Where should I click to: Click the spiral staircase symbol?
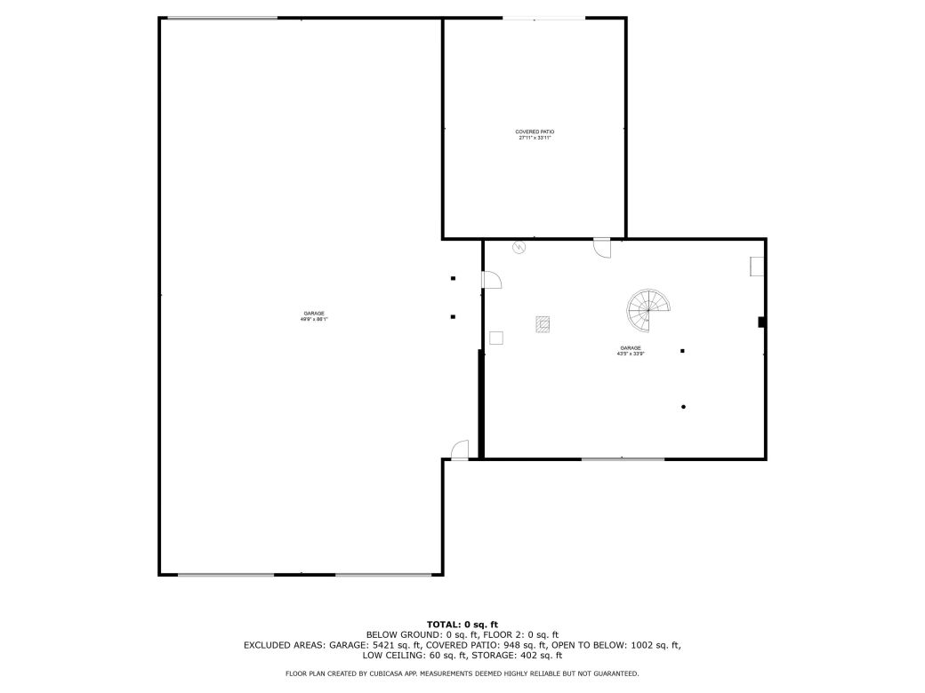point(648,308)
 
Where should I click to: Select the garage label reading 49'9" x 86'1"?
point(314,315)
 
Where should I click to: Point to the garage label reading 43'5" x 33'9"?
point(631,350)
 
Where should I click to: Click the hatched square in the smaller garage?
point(543,324)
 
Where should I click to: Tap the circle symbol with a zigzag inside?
point(519,248)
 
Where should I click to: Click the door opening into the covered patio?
point(602,247)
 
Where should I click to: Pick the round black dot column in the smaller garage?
point(683,407)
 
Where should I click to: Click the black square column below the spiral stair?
point(682,351)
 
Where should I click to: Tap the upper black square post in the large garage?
point(453,278)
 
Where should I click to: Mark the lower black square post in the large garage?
point(453,316)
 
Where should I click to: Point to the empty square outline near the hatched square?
point(496,338)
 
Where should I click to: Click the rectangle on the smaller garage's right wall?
point(757,267)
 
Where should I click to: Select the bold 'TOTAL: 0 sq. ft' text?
point(462,625)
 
